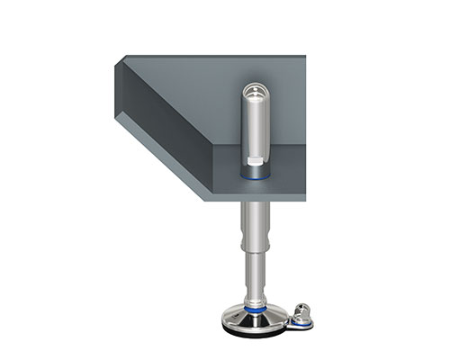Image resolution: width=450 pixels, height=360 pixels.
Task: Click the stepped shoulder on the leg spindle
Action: pos(255,252)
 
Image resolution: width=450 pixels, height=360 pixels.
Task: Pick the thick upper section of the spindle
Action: pos(255,225)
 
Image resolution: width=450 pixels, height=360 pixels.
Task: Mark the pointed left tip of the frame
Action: pos(117,63)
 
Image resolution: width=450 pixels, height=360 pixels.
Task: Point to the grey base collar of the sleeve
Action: pos(255,170)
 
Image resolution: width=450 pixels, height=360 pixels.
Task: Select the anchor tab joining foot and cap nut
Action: pos(286,319)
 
